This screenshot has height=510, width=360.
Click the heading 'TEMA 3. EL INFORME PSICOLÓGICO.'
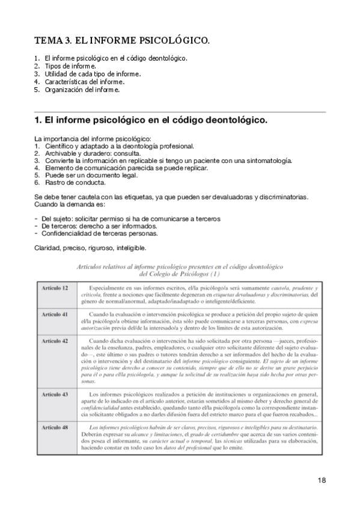click(122, 41)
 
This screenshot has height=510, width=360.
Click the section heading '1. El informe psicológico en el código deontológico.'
click(151, 120)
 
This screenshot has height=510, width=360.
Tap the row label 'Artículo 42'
click(55, 341)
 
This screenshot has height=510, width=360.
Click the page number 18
click(321, 481)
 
